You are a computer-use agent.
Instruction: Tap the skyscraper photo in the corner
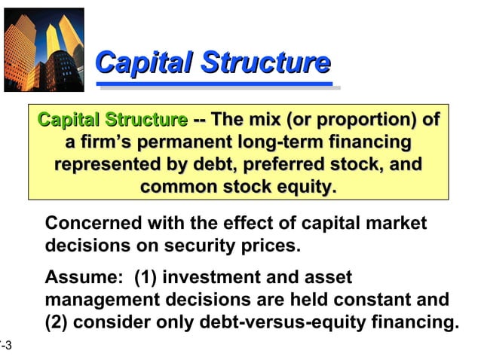click(x=42, y=47)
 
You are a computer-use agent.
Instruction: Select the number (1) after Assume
click(x=147, y=278)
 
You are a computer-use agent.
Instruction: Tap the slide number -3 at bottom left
click(x=6, y=346)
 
